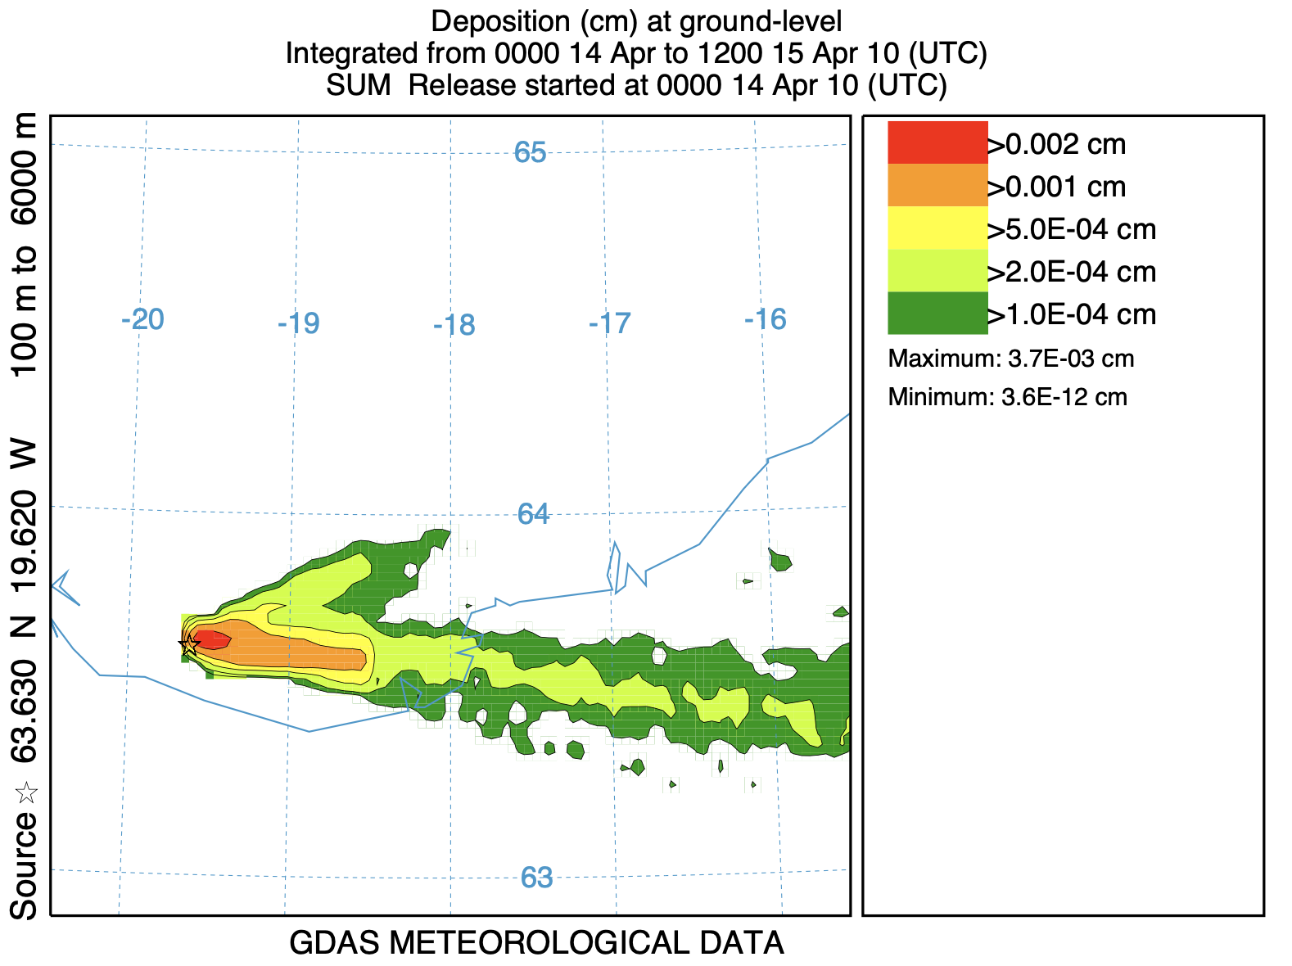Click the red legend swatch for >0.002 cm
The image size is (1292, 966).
tap(937, 142)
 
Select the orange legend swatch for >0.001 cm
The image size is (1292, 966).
tap(937, 185)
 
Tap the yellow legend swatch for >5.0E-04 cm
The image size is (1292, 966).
tap(937, 228)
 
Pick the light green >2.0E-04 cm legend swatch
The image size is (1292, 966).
tap(937, 270)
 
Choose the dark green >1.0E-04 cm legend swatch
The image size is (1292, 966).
tap(937, 313)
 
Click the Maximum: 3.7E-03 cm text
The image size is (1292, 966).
tap(1010, 359)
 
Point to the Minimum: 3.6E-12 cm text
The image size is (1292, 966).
tap(1007, 398)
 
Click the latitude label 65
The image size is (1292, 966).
tap(530, 152)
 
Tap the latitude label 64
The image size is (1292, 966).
tap(533, 514)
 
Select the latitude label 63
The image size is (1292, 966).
tap(536, 878)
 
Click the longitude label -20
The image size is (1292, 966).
tap(142, 319)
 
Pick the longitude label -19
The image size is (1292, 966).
tap(298, 323)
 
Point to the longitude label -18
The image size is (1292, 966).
tap(454, 326)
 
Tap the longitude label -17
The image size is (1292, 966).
tap(610, 323)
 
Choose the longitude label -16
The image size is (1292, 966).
tap(766, 319)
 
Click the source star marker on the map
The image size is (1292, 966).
tap(189, 644)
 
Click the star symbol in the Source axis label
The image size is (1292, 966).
tap(26, 792)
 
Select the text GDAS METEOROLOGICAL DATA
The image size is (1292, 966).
tap(536, 943)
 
